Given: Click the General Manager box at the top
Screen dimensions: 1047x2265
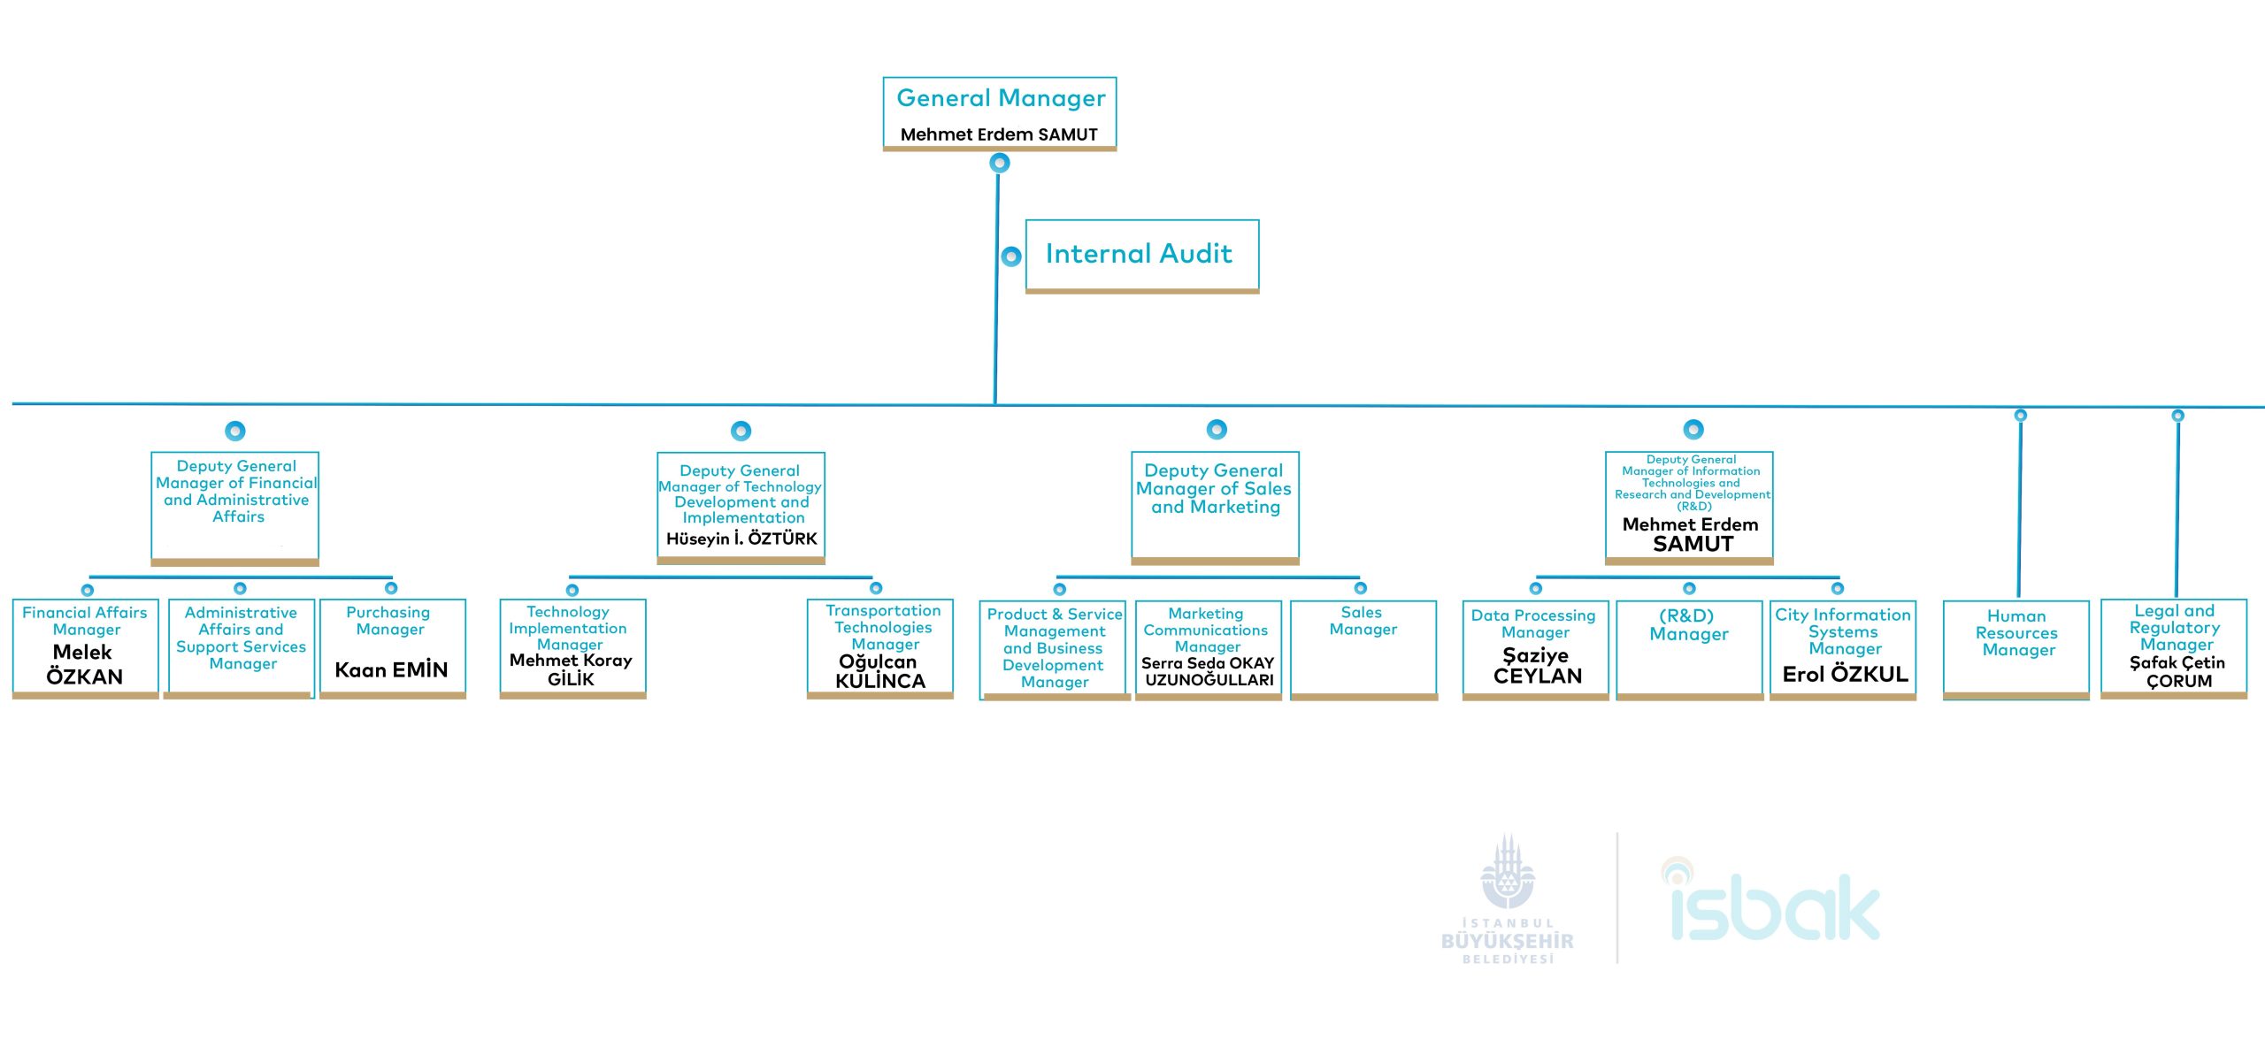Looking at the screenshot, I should [x=1000, y=113].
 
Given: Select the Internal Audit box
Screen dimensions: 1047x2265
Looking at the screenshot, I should [x=1141, y=255].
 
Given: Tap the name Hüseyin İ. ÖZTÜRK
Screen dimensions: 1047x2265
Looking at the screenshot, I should [x=741, y=539].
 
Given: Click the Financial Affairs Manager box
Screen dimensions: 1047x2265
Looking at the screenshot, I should [x=85, y=648].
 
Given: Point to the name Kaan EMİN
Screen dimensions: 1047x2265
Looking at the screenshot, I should [x=391, y=670].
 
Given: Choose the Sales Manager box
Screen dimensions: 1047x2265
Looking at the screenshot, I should [x=1363, y=648].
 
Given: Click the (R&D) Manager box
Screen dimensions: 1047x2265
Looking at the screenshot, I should [x=1689, y=648].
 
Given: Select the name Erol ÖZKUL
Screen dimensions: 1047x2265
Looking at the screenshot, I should [x=1845, y=675].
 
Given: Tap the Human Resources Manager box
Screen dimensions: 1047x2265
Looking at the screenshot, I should [x=2016, y=648].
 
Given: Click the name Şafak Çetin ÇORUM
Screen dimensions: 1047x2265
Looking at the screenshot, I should [x=2177, y=671].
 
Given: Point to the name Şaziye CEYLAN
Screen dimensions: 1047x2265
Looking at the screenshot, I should [x=1537, y=666].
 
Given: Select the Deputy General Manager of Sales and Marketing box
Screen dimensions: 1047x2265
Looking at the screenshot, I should [x=1215, y=506].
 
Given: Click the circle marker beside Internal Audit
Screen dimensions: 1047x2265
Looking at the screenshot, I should [x=1011, y=256].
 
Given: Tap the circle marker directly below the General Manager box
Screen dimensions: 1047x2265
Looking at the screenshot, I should [x=1000, y=163].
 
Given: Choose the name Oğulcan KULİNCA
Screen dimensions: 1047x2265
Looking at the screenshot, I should [x=879, y=671].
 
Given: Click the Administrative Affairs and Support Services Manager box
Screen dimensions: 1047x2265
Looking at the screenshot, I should [x=241, y=648].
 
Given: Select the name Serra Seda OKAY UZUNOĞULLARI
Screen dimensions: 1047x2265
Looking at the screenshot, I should [x=1209, y=671].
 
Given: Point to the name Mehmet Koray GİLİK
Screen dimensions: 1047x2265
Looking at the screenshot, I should [x=571, y=669].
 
